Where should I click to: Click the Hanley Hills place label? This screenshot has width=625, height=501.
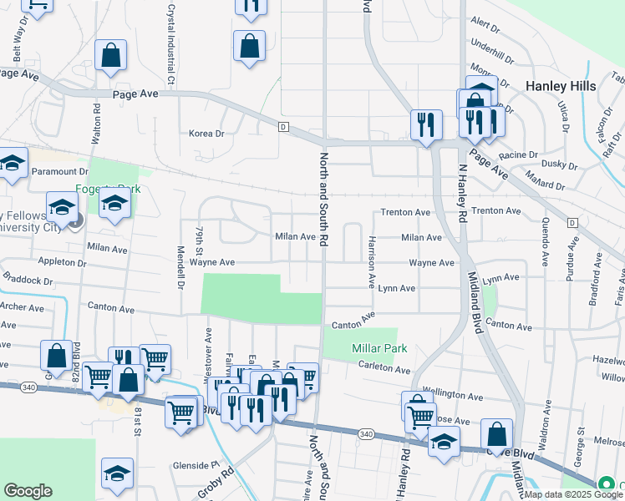560,86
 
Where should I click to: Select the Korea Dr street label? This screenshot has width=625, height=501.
207,134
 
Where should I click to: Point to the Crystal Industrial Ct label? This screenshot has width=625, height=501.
170,42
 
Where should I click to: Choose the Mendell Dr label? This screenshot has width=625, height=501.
180,266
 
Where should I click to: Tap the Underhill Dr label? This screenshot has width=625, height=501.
491,45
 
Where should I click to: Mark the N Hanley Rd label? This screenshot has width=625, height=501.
461,193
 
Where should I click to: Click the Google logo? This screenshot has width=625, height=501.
28,491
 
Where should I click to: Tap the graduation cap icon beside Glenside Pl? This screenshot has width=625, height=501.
118,473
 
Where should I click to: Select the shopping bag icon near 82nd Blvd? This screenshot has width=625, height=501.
55,356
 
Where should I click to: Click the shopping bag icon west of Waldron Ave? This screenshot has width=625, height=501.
497,433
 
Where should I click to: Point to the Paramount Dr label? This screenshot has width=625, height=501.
59,171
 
